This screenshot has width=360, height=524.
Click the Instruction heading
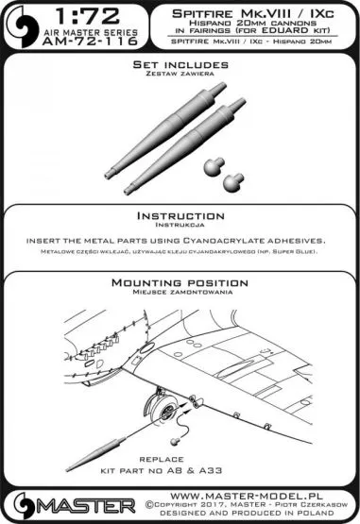click(x=180, y=214)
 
